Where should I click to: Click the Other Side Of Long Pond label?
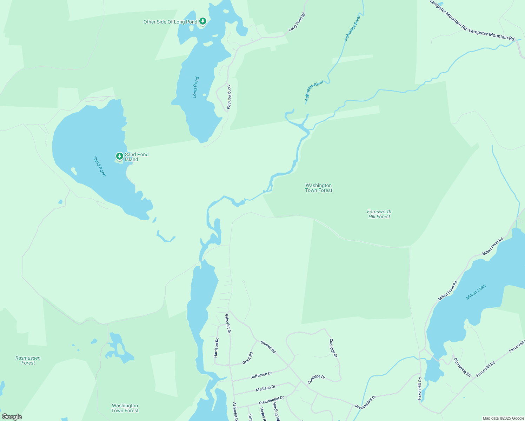[x=170, y=22]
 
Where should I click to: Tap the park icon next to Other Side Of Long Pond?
[x=203, y=21]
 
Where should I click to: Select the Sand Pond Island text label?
[x=137, y=157]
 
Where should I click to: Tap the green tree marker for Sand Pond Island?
[x=120, y=156]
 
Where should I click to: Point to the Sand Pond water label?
[x=100, y=166]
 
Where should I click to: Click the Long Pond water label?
[x=196, y=87]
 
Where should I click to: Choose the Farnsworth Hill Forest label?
[x=379, y=214]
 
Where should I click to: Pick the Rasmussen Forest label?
[x=28, y=360]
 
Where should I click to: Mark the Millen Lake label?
[x=476, y=292]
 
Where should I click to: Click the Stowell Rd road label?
[x=268, y=347]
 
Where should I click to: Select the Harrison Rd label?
[x=217, y=347]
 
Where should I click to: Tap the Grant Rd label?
[x=247, y=358]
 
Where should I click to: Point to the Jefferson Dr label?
[x=261, y=375]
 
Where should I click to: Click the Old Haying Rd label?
[x=462, y=367]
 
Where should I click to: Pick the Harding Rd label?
[x=276, y=411]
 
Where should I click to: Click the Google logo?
[x=12, y=417]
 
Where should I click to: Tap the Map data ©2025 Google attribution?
[x=503, y=418]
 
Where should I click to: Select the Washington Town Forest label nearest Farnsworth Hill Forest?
[x=318, y=188]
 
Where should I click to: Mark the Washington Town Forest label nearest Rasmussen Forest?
[x=125, y=408]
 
